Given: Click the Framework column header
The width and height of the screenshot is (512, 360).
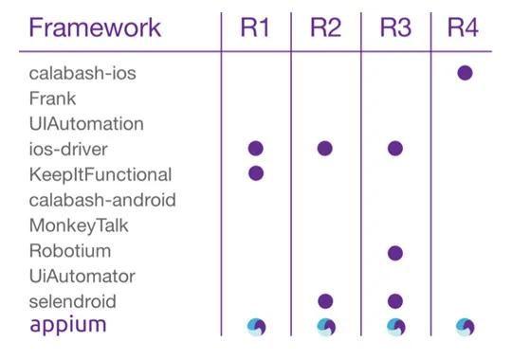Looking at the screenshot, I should (95, 27).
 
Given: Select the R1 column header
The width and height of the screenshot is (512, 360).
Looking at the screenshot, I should (254, 27).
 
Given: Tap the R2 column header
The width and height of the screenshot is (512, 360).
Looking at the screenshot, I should (325, 27).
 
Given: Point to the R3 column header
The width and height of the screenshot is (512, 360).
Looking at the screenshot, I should (395, 27).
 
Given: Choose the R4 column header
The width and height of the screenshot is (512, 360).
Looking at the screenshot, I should (464, 27).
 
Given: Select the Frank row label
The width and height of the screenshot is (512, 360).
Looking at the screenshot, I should (52, 98).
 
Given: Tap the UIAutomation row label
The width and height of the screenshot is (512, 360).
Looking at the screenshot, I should (86, 123).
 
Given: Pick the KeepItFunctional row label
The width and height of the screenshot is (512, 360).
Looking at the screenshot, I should (101, 174).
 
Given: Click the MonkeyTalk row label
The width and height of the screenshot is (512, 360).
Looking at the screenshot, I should (79, 225).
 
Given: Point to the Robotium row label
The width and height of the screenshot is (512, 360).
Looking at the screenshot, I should (69, 251).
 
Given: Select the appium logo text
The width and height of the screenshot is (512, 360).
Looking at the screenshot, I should (67, 327).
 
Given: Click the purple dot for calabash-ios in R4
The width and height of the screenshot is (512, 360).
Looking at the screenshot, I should (465, 73).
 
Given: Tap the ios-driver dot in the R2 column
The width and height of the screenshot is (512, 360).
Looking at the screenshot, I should (325, 148).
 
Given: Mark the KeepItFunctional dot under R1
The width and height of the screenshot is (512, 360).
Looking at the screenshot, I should (255, 173).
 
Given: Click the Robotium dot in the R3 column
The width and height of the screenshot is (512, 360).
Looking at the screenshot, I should (395, 252).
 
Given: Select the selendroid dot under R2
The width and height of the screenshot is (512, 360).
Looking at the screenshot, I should (325, 301).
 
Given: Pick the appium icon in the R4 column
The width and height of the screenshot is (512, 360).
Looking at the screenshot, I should (465, 327).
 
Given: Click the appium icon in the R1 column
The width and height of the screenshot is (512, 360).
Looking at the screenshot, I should (255, 327).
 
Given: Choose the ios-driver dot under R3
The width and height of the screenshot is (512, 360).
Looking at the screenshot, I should (395, 148).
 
